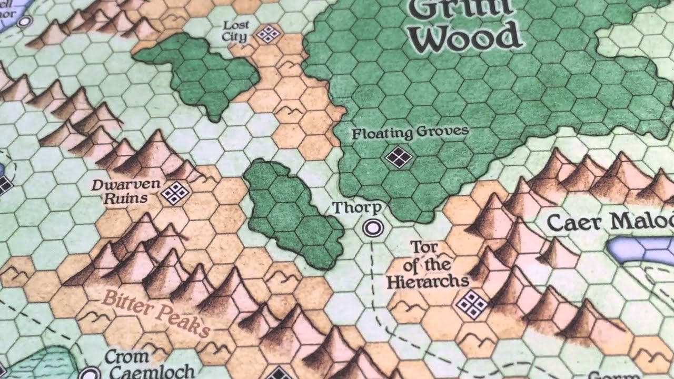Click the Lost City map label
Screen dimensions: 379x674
pyautogui.click(x=235, y=31)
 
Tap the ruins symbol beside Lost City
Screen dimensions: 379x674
pyautogui.click(x=268, y=34)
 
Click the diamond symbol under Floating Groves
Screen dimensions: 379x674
pyautogui.click(x=398, y=156)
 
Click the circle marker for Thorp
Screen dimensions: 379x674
pyautogui.click(x=373, y=228)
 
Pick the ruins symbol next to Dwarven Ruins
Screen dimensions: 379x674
pyautogui.click(x=175, y=193)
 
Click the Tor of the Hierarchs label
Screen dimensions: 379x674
pyautogui.click(x=428, y=264)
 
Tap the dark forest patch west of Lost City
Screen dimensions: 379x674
pyautogui.click(x=197, y=72)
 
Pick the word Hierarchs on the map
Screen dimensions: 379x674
pyautogui.click(x=428, y=281)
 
